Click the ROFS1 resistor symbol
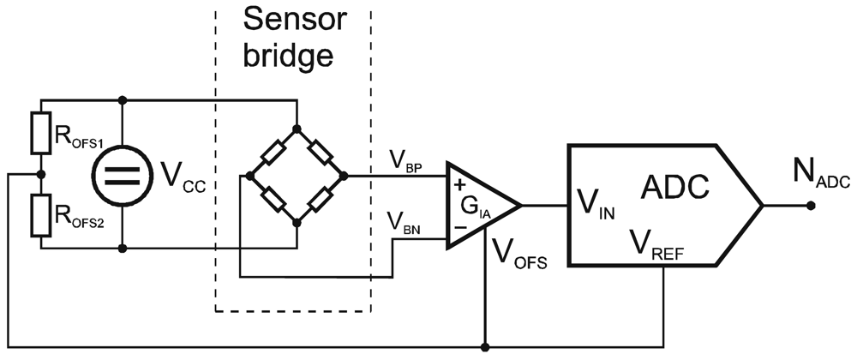(x=37, y=132)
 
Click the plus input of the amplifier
(x=459, y=184)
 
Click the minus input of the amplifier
(x=459, y=229)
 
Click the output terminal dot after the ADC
(x=811, y=206)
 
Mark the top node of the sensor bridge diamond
(x=296, y=128)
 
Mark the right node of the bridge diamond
(x=344, y=175)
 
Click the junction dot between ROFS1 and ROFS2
(x=37, y=175)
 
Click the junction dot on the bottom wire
(x=485, y=348)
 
